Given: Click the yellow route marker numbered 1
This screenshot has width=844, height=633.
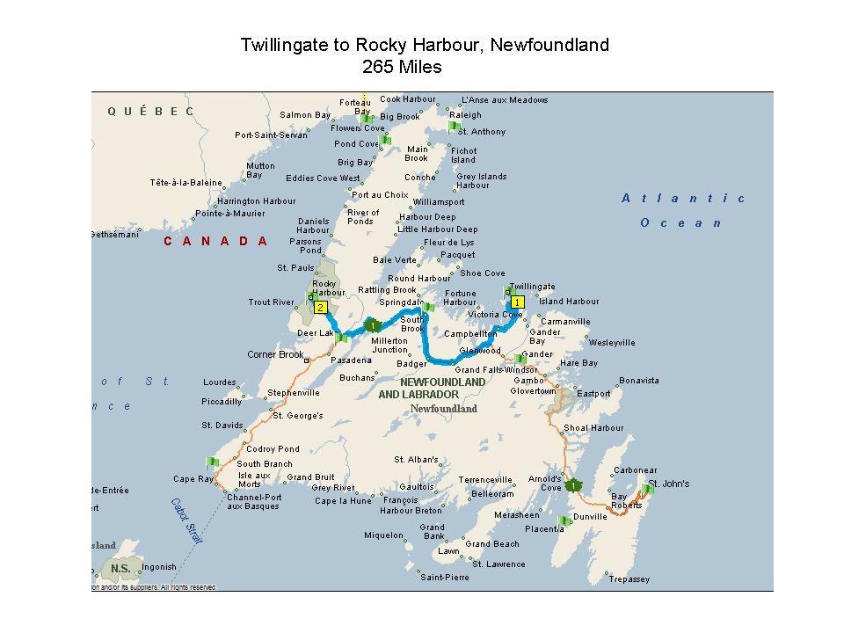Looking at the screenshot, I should pyautogui.click(x=518, y=302).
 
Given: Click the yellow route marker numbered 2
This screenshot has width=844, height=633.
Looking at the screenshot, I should pyautogui.click(x=321, y=308).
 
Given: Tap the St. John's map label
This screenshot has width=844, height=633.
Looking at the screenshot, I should pyautogui.click(x=668, y=484).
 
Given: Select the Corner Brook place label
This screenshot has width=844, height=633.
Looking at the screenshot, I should pyautogui.click(x=275, y=355).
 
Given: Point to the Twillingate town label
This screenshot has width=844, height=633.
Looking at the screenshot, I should pyautogui.click(x=533, y=287).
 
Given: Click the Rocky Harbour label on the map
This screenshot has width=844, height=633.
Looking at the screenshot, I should pyautogui.click(x=324, y=287).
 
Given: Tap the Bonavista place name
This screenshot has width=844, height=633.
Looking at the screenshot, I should pyautogui.click(x=638, y=381).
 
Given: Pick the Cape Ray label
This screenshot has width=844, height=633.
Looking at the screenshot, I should pyautogui.click(x=193, y=479).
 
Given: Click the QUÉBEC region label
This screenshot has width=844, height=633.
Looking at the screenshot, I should pyautogui.click(x=150, y=112).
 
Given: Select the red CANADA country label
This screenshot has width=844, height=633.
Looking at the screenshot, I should pyautogui.click(x=215, y=241).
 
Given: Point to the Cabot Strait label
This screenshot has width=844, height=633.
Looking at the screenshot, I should pyautogui.click(x=186, y=521).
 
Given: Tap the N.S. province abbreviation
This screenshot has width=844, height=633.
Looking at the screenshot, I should pyautogui.click(x=120, y=568).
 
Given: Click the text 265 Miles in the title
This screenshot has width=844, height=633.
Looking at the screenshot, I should pyautogui.click(x=402, y=66).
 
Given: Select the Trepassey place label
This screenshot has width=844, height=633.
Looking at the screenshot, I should pyautogui.click(x=629, y=578).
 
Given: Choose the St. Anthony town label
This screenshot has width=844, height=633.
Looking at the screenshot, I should pyautogui.click(x=488, y=132).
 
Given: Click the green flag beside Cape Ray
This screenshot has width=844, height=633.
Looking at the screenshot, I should pyautogui.click(x=213, y=462).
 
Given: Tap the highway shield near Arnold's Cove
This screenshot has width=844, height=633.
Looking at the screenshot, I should pyautogui.click(x=572, y=485).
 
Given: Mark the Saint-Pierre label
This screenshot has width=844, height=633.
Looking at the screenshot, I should pyautogui.click(x=444, y=578).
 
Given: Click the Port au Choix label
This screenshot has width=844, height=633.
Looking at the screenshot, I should pyautogui.click(x=380, y=195).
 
